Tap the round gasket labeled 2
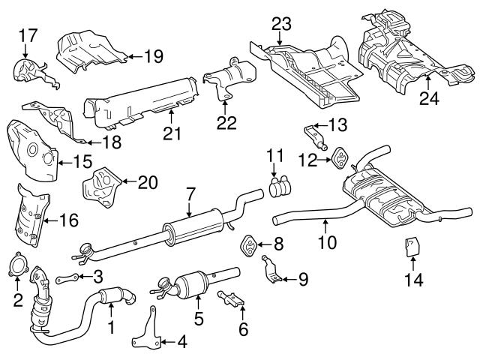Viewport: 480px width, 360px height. pos(20,269)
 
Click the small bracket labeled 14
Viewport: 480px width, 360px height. pos(412,247)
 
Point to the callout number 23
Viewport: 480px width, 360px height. pos(280,25)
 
